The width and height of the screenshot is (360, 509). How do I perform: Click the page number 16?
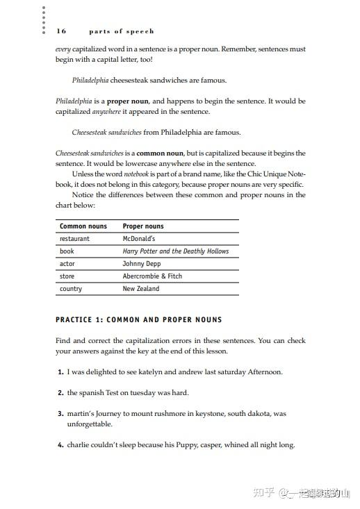tap(61, 31)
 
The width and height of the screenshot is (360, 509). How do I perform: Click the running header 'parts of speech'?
tap(122, 31)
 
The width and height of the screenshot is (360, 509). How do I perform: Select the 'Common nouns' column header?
tap(83, 226)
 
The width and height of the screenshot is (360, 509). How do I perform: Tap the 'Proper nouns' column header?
tap(143, 226)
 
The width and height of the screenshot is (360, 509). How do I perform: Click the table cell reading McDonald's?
tap(139, 239)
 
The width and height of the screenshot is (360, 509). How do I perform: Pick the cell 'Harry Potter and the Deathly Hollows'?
tap(175, 251)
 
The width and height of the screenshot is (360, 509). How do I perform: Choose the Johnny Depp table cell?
tap(141, 264)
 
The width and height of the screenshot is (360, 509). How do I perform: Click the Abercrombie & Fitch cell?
tap(152, 276)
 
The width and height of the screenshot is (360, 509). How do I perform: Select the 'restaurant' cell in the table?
tap(74, 239)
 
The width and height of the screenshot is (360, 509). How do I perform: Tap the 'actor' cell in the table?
tap(67, 264)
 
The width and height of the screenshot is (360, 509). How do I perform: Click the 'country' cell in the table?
tap(71, 289)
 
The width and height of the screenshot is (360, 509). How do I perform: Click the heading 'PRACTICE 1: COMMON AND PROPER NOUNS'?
tap(139, 320)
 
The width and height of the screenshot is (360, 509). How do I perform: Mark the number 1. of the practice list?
tap(60, 372)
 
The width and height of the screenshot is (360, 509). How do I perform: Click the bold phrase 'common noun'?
tap(159, 153)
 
